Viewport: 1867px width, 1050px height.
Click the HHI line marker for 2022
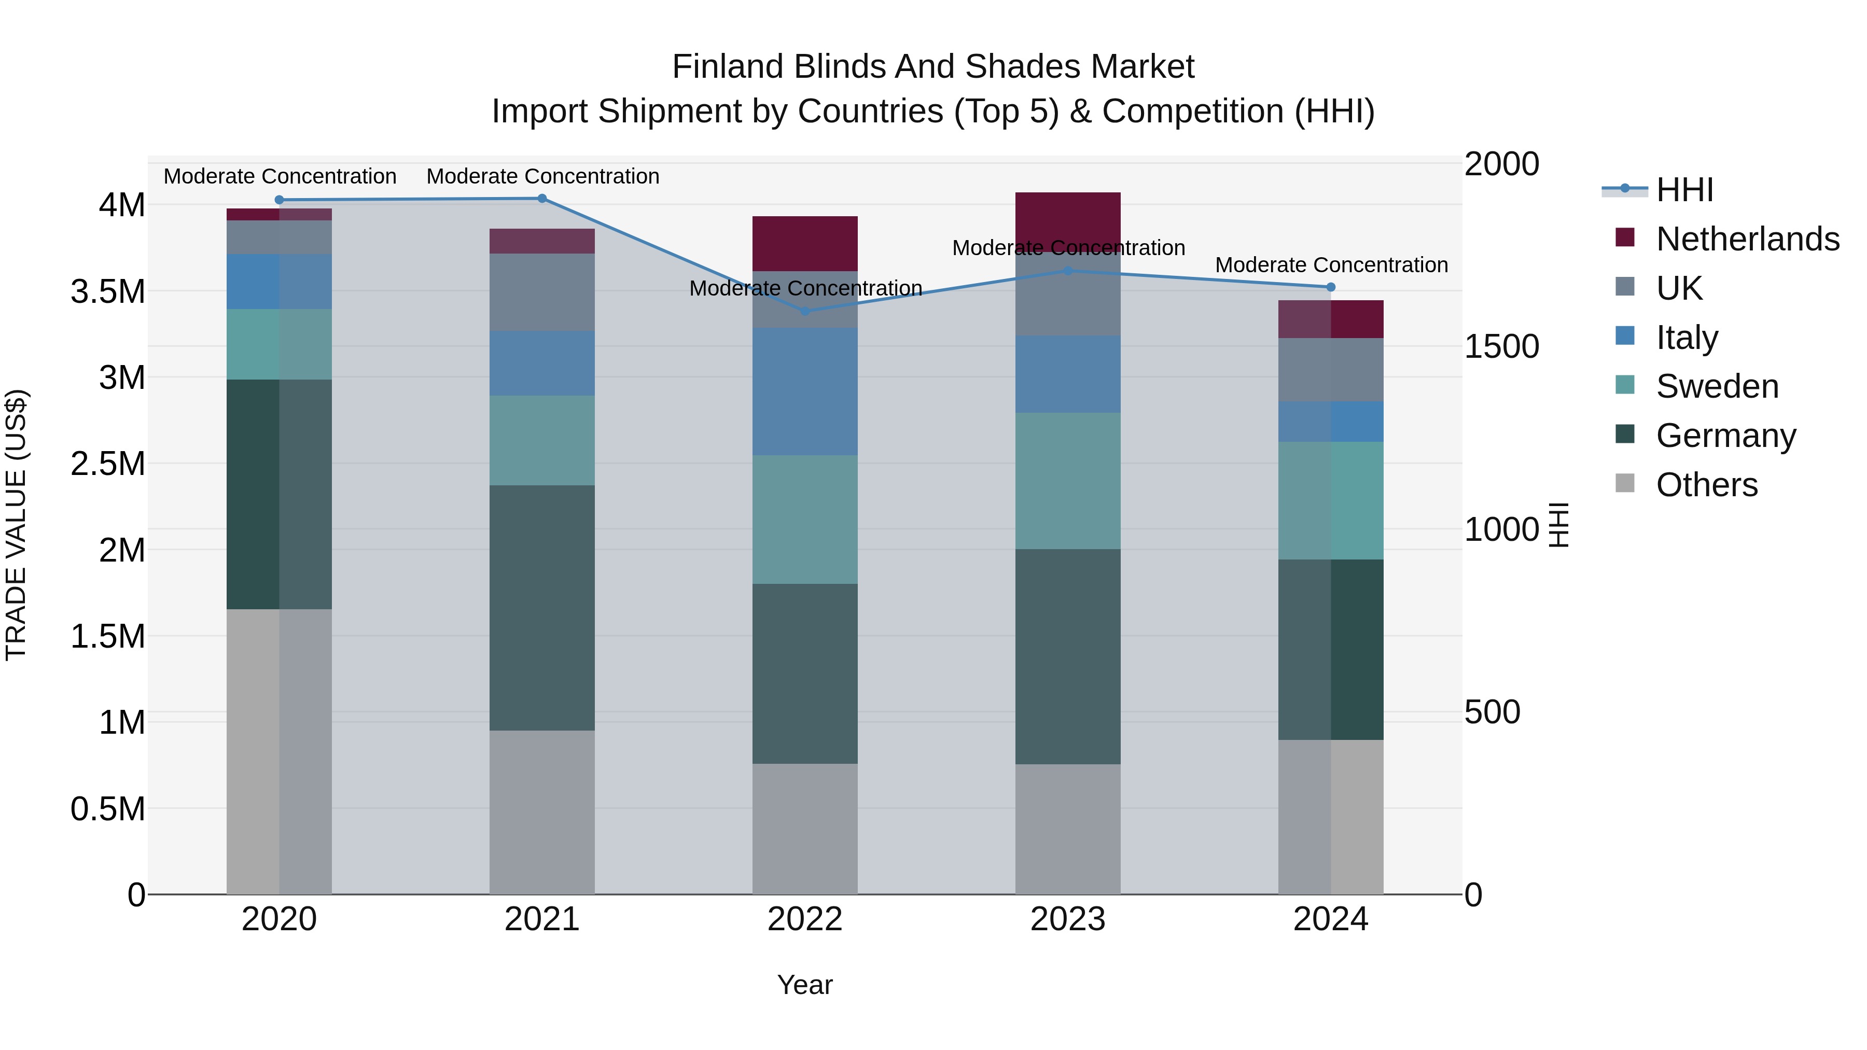(804, 311)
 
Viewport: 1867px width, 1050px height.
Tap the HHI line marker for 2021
(541, 198)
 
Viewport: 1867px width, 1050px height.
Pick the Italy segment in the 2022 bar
(804, 391)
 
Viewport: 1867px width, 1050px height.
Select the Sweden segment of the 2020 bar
(279, 344)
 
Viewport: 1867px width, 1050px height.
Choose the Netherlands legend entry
(1747, 239)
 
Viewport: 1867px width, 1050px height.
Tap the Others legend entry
(1706, 485)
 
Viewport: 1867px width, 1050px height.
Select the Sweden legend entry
(1716, 386)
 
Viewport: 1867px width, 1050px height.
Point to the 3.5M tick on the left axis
(107, 291)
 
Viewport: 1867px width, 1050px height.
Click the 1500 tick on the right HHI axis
(1501, 346)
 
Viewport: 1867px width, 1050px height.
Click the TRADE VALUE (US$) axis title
(16, 525)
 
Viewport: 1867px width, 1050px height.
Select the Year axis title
(804, 985)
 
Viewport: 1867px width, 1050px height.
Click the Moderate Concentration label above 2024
(1331, 265)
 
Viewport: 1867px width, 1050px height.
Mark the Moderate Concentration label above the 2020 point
(280, 176)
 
